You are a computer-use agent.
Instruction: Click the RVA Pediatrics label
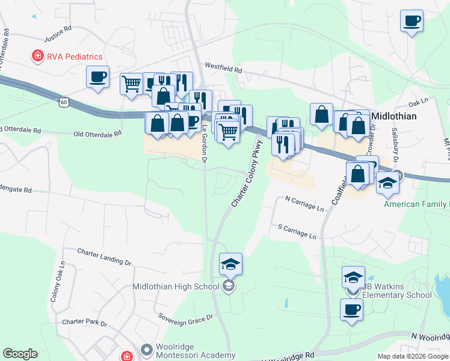(75, 57)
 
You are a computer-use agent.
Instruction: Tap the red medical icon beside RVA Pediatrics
(37, 57)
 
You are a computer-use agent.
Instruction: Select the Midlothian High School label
(176, 286)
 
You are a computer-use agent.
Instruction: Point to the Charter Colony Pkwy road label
(247, 173)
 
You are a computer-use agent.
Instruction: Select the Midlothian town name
(395, 116)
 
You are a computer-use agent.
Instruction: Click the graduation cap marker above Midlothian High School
(230, 264)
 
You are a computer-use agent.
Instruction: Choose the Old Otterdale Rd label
(97, 134)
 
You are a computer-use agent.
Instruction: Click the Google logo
(20, 354)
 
